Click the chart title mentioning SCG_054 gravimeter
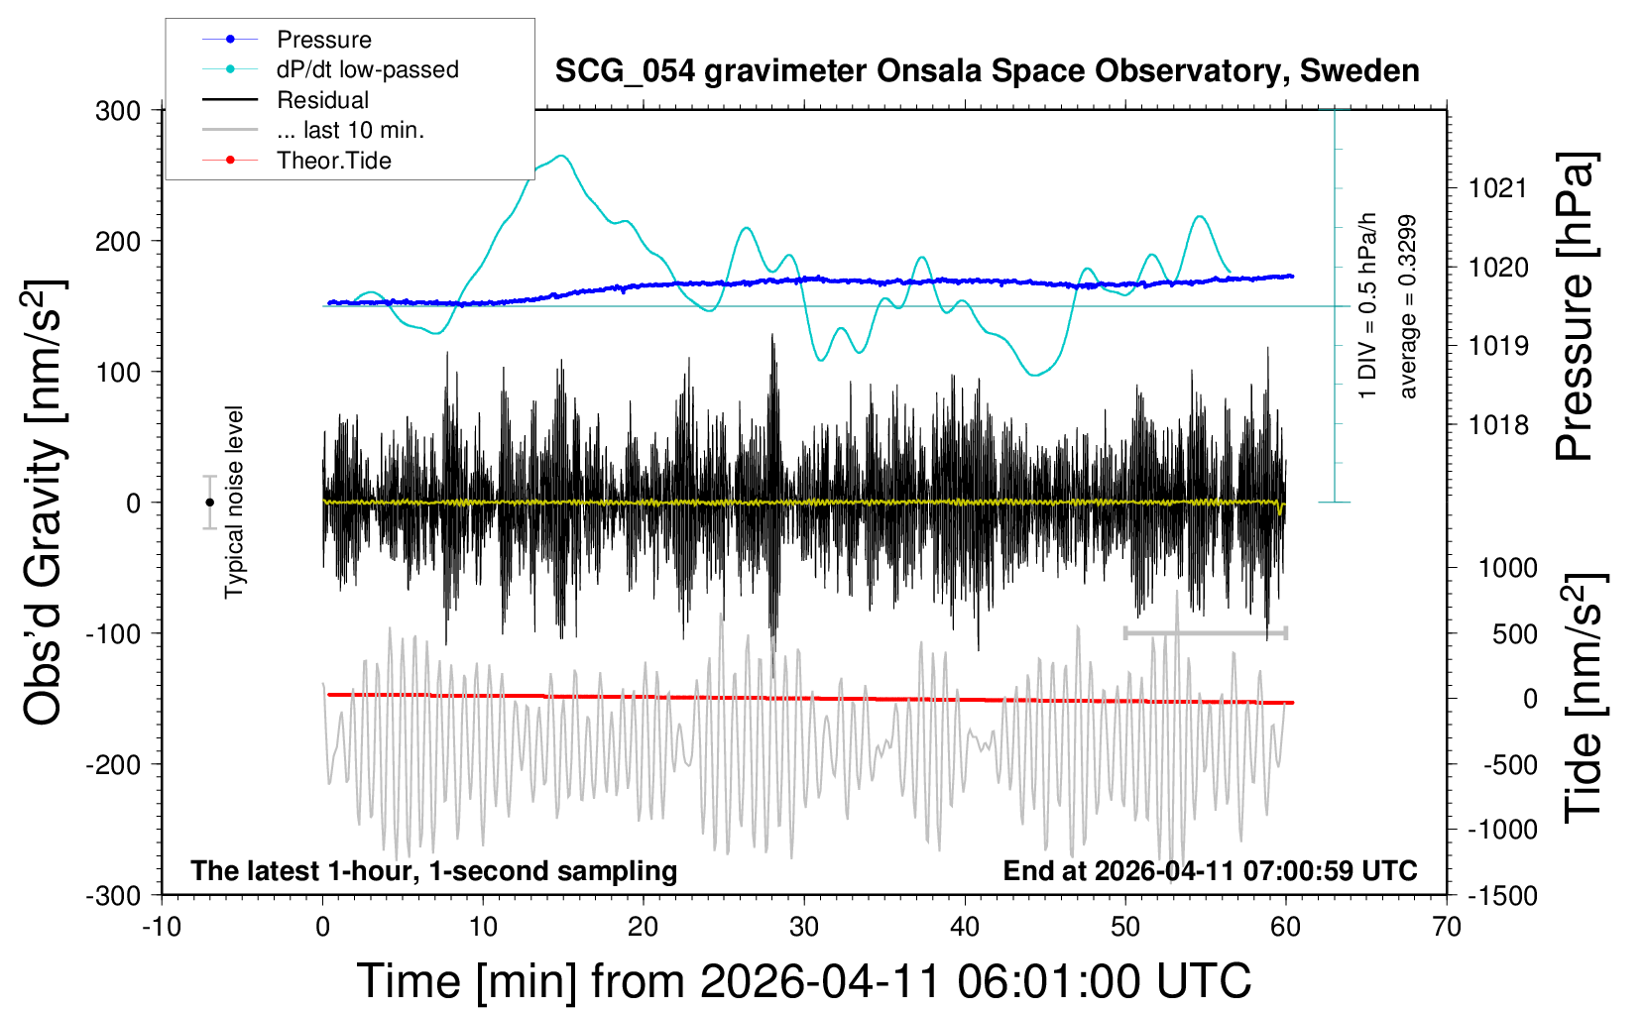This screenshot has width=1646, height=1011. (x=987, y=70)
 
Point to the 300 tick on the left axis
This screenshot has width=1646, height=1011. (x=118, y=111)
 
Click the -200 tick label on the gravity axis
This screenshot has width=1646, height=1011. (x=113, y=765)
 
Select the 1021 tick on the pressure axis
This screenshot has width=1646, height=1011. (x=1497, y=189)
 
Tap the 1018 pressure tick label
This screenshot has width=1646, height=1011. (x=1497, y=424)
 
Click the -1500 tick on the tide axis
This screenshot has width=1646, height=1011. (x=1502, y=896)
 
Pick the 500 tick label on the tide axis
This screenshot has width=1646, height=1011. (x=1514, y=634)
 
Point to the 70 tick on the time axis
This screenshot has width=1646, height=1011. (x=1446, y=927)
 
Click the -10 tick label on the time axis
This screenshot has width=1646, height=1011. (x=162, y=927)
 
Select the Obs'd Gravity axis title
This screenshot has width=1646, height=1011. (x=44, y=503)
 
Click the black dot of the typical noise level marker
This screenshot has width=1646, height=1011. (x=209, y=503)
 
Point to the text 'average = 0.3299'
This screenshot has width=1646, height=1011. (x=1407, y=306)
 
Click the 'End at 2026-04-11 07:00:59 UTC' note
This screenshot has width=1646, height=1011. (x=1211, y=870)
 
